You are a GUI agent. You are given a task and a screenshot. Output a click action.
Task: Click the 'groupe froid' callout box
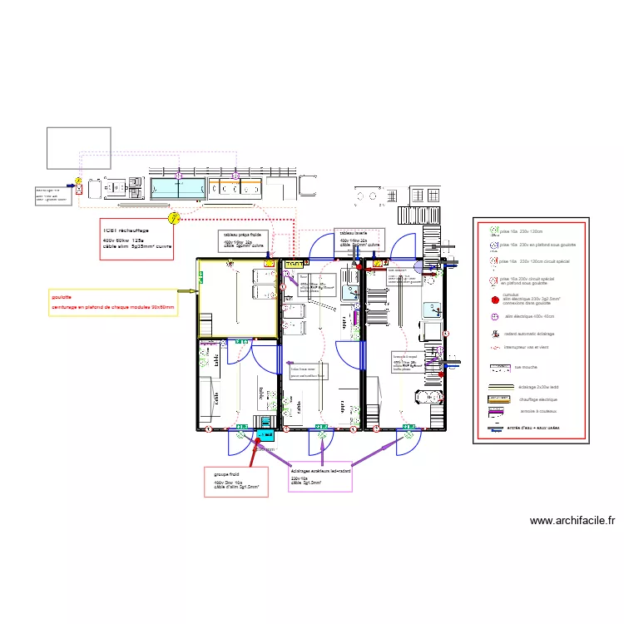tap(236, 482)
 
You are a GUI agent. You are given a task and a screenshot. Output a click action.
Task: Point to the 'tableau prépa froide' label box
tap(248, 241)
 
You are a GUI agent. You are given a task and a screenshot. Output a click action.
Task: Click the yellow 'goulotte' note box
tap(112, 302)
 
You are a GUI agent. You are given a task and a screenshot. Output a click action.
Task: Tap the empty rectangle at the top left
tap(78, 148)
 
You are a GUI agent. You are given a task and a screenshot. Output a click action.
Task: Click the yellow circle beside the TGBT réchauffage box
tap(174, 219)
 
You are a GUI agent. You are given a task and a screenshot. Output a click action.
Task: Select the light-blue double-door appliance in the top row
tap(178, 188)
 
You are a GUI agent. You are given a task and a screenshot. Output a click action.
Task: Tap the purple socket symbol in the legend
tap(493, 317)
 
